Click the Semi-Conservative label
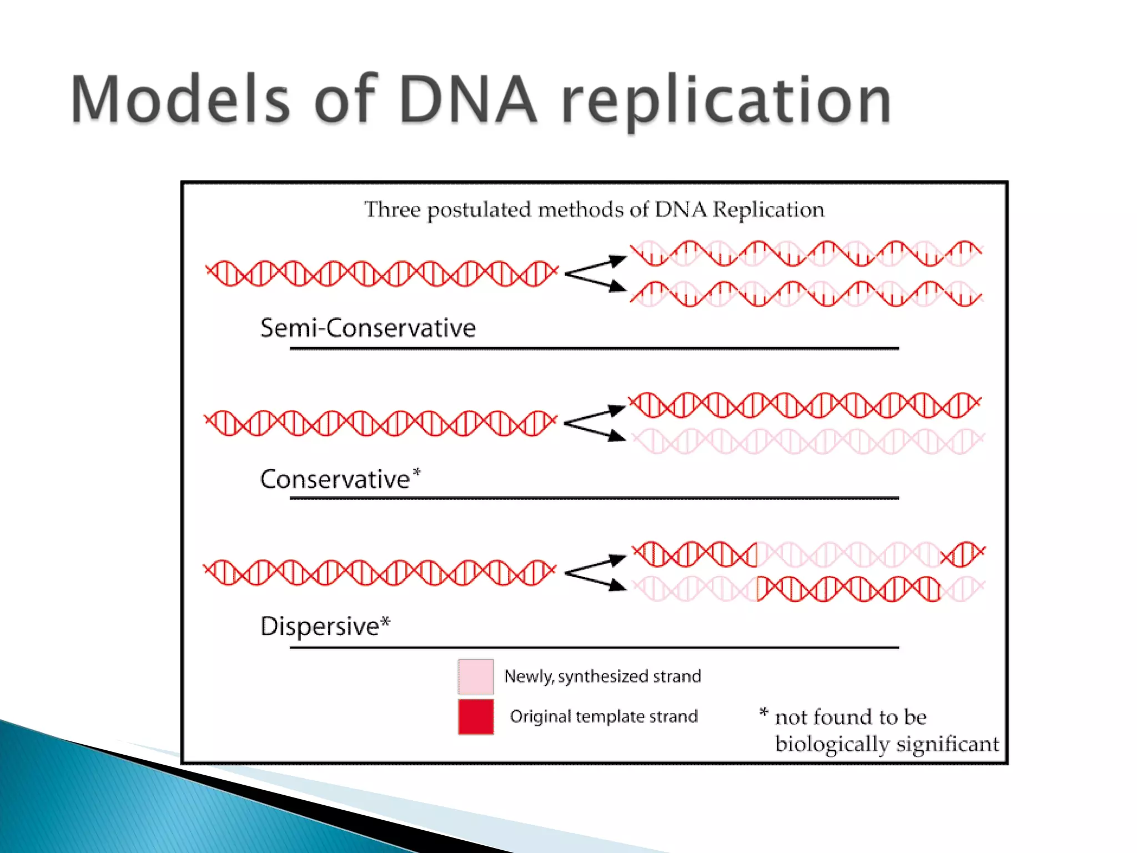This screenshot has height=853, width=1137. (368, 328)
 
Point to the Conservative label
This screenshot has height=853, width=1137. (335, 479)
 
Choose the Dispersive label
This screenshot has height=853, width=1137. (320, 626)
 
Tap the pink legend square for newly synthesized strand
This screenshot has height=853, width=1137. (476, 676)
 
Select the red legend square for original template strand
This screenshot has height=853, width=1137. (476, 716)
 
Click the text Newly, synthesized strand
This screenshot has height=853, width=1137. (602, 676)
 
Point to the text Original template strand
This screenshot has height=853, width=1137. (603, 716)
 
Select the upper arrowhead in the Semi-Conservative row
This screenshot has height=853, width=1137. (617, 260)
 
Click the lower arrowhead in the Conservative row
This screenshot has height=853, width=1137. (616, 435)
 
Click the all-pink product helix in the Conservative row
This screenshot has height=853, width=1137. (808, 441)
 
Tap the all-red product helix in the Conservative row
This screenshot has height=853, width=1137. (805, 405)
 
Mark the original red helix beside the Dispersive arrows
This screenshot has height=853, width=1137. (380, 572)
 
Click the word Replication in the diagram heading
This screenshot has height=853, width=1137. (768, 210)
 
